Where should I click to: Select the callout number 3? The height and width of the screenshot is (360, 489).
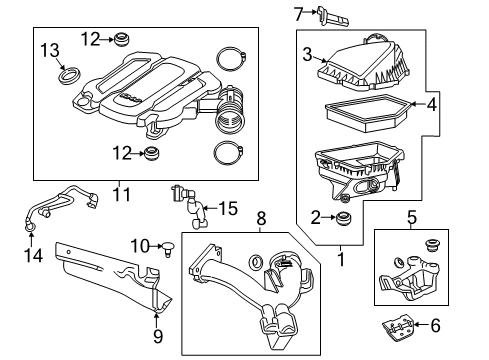(308, 54)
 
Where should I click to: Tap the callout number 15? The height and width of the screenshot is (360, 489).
(229, 208)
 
